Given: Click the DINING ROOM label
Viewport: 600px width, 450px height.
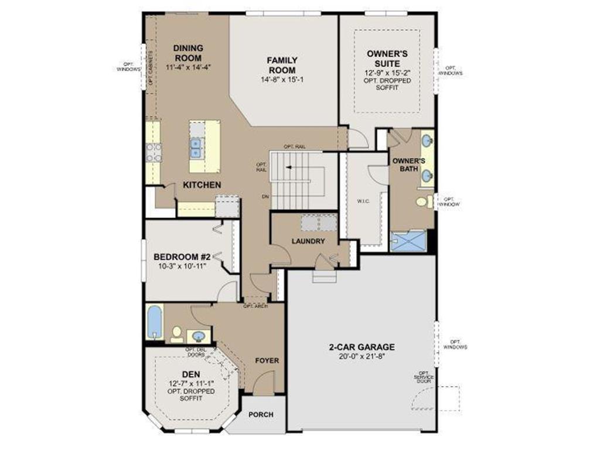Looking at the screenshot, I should pyautogui.click(x=187, y=53).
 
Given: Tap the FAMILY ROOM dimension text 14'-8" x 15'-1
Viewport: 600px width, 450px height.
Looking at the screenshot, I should pyautogui.click(x=282, y=79).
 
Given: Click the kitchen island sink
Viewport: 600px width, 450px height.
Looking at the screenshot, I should pyautogui.click(x=196, y=148).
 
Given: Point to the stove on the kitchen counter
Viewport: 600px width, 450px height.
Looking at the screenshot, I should pyautogui.click(x=154, y=152).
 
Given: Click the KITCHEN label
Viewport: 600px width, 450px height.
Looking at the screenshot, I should pyautogui.click(x=202, y=185).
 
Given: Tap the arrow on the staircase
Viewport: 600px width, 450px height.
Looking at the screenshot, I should pyautogui.click(x=291, y=167).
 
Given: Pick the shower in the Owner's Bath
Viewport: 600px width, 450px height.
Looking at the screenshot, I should pyautogui.click(x=409, y=241).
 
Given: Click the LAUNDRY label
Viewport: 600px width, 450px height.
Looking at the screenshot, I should pyautogui.click(x=308, y=241).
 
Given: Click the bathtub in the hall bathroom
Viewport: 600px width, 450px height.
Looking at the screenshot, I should pyautogui.click(x=154, y=322).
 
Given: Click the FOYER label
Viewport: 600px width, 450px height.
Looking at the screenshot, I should pyautogui.click(x=267, y=360).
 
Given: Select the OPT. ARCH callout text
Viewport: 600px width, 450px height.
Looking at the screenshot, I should pyautogui.click(x=255, y=306).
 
